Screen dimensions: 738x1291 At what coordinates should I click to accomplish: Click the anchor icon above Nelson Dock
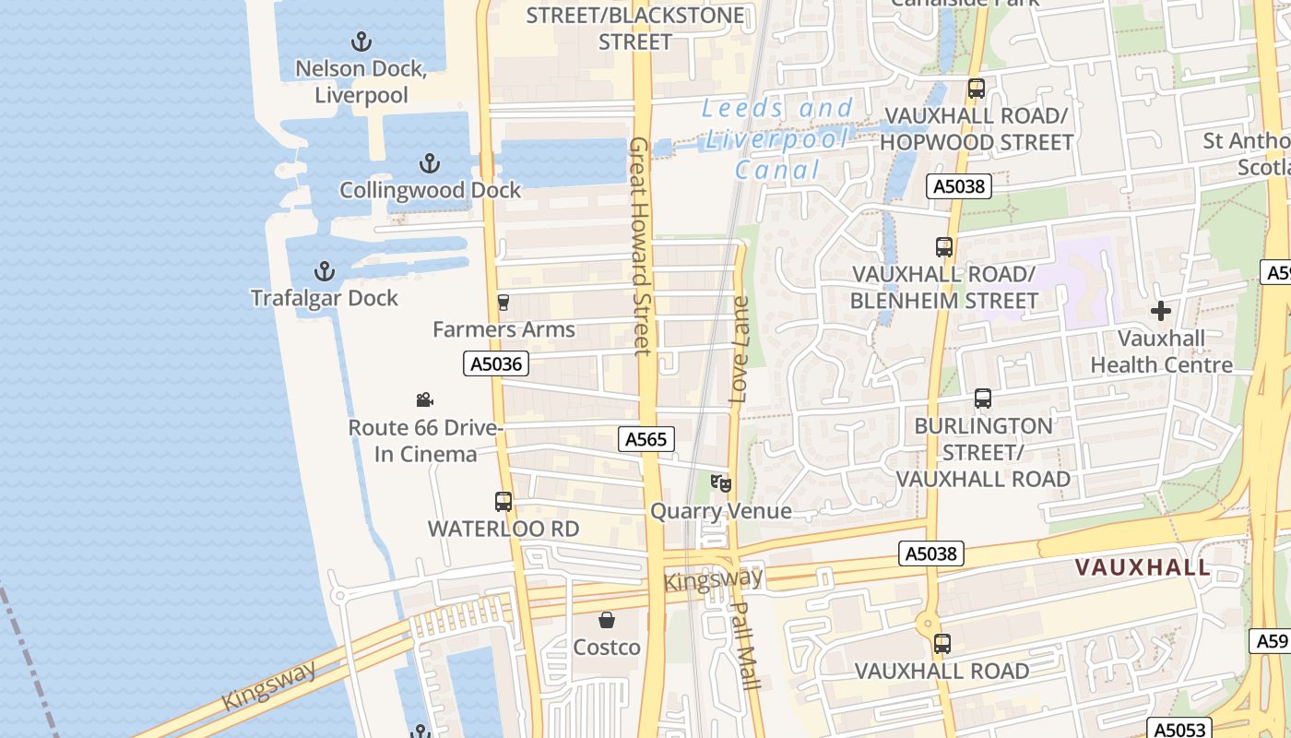click(x=361, y=42)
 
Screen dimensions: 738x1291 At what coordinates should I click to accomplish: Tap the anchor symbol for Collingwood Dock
click(x=430, y=164)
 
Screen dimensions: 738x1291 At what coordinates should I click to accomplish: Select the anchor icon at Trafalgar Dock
click(x=324, y=271)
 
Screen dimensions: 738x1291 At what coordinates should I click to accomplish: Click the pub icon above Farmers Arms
click(x=503, y=303)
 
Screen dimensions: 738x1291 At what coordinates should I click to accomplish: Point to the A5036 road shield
click(x=496, y=363)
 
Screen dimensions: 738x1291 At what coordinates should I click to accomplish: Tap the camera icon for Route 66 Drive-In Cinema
click(x=424, y=399)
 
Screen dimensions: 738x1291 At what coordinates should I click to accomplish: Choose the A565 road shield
click(x=645, y=439)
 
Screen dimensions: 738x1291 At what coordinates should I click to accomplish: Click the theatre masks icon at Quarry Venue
click(x=721, y=482)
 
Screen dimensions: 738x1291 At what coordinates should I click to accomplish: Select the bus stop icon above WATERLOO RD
click(x=503, y=502)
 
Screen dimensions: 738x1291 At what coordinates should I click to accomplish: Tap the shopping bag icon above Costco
click(x=607, y=620)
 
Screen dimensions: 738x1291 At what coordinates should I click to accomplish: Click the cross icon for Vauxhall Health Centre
click(x=1161, y=311)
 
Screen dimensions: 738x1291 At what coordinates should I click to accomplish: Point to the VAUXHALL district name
click(x=1143, y=567)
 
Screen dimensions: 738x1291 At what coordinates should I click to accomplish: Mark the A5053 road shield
click(x=1177, y=728)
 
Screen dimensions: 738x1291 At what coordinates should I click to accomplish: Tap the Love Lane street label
click(x=739, y=351)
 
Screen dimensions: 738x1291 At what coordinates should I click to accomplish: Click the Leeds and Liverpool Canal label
click(x=778, y=139)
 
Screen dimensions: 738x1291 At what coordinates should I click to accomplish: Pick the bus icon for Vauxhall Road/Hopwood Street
click(x=977, y=89)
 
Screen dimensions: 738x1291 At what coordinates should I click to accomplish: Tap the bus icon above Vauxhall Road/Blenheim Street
click(x=944, y=247)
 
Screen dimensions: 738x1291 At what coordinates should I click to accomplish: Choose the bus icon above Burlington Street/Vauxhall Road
click(x=983, y=399)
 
